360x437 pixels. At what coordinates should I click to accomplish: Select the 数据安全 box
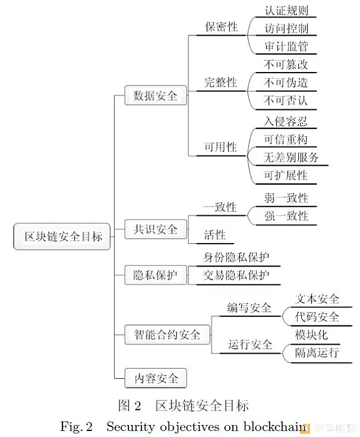click(x=155, y=95)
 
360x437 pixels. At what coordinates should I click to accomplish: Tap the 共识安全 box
click(x=155, y=229)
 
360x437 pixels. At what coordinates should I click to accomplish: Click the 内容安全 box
click(x=155, y=379)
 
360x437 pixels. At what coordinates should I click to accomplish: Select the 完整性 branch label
click(x=221, y=82)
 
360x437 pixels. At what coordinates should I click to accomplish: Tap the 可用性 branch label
click(x=221, y=147)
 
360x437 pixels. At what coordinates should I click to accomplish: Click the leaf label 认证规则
click(x=286, y=10)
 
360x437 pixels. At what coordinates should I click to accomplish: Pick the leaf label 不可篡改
click(x=286, y=64)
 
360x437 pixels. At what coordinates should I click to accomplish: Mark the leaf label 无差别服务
click(x=292, y=157)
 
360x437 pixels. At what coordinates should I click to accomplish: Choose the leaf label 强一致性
click(x=286, y=215)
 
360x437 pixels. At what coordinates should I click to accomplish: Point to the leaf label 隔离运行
click(x=317, y=352)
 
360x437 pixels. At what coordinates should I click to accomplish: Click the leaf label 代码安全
click(x=317, y=316)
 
